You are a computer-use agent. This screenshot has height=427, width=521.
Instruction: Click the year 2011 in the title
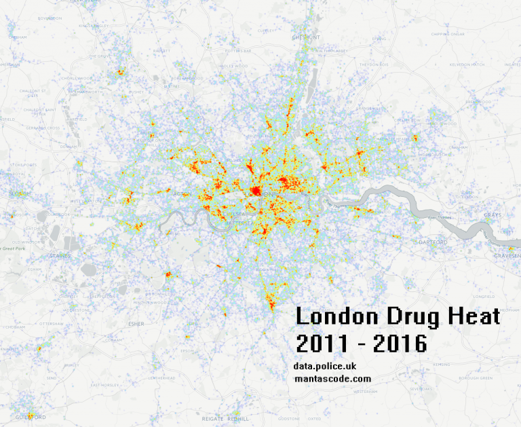pyautogui.click(x=322, y=343)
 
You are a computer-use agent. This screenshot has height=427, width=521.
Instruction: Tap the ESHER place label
pyautogui.click(x=136, y=324)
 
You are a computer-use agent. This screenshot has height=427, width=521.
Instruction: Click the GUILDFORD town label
pyautogui.click(x=28, y=417)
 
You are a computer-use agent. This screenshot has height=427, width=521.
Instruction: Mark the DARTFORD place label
pyautogui.click(x=434, y=242)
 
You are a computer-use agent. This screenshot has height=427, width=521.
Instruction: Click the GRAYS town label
pyautogui.click(x=493, y=215)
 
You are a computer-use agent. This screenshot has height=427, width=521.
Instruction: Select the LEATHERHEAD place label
pyautogui.click(x=163, y=377)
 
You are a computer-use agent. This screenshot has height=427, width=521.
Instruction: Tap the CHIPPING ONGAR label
pyautogui.click(x=445, y=34)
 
